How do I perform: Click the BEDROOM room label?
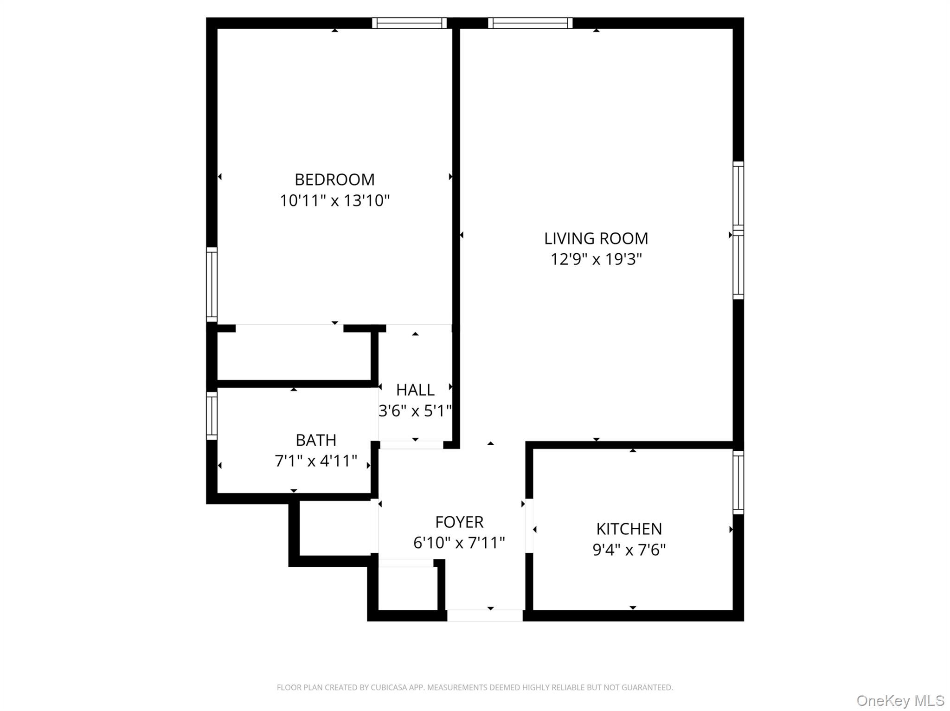[334, 179]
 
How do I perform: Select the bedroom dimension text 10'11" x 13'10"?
[334, 201]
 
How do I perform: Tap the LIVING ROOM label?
[596, 238]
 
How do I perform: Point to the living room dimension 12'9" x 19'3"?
[596, 259]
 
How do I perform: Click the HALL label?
[415, 390]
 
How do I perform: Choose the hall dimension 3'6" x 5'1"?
[415, 411]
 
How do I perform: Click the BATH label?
[316, 440]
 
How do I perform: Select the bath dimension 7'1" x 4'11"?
[316, 461]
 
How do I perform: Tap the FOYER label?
[459, 522]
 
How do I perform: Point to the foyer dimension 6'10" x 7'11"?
[459, 543]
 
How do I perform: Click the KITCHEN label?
[629, 529]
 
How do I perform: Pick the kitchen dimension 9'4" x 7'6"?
[629, 550]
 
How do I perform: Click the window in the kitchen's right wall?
[738, 482]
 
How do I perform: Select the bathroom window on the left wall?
[212, 416]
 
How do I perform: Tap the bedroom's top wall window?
[409, 23]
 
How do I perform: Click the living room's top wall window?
[530, 23]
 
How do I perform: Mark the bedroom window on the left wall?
[212, 284]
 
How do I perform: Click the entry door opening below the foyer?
[485, 615]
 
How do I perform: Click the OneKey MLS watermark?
[900, 700]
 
